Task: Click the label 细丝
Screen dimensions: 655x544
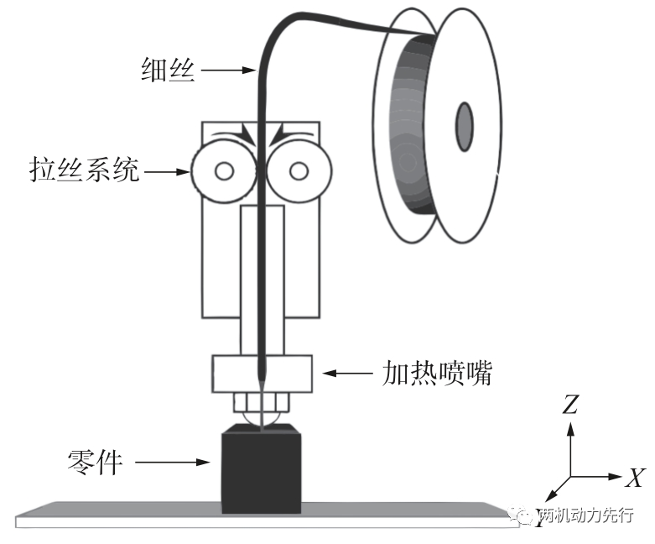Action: click(x=168, y=70)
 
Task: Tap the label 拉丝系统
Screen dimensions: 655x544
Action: click(x=84, y=170)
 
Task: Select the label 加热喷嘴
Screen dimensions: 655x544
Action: click(x=437, y=373)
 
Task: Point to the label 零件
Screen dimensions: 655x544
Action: click(x=96, y=462)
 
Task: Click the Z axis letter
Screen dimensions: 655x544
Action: click(x=569, y=405)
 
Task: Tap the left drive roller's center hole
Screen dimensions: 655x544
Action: click(x=224, y=170)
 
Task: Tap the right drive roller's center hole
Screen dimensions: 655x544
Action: click(x=299, y=170)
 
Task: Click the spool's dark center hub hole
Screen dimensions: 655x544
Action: click(x=464, y=126)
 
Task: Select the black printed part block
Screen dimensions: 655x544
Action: click(x=261, y=468)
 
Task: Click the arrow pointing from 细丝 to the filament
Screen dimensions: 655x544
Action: click(x=228, y=70)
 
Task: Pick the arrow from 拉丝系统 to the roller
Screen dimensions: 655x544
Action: click(x=166, y=171)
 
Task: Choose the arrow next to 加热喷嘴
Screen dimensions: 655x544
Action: click(x=347, y=373)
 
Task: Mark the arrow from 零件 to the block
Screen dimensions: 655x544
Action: click(x=172, y=462)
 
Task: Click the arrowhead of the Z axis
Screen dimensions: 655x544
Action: click(x=570, y=429)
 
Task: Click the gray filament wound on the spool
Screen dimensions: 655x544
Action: click(x=413, y=125)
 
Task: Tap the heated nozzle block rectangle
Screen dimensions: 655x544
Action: click(x=263, y=374)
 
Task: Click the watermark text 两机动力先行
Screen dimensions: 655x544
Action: click(x=585, y=515)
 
